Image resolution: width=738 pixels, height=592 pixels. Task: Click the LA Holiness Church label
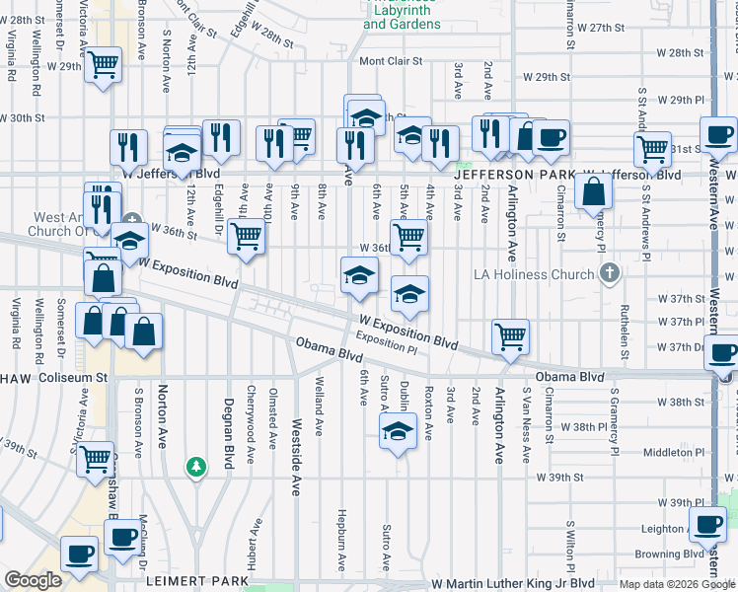point(535,273)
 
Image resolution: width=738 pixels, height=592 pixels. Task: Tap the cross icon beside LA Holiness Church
point(610,272)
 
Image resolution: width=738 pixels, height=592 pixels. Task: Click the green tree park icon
point(196,466)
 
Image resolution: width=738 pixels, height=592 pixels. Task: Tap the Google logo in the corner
point(32,581)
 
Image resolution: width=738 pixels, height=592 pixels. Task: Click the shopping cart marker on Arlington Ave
point(510,336)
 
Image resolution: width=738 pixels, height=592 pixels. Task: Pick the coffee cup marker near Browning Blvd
point(708,525)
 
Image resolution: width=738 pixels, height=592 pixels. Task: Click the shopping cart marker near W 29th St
point(103,66)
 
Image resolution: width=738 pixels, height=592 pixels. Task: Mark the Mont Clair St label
point(391,61)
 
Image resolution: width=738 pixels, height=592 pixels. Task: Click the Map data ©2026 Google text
point(676,584)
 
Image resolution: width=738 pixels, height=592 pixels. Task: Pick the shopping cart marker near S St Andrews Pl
point(652,150)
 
